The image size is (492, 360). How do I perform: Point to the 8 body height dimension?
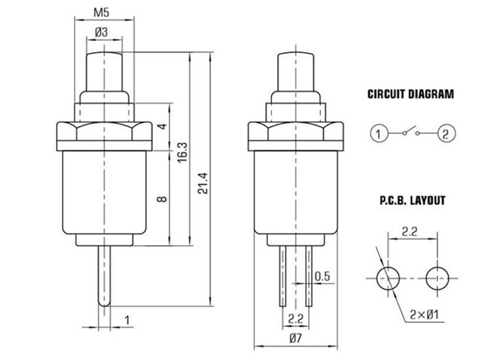[x=161, y=200]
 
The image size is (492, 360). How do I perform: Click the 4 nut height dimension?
[x=162, y=126]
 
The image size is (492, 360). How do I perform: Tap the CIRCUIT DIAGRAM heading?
[x=411, y=95]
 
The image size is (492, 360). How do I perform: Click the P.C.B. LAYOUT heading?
[x=412, y=201]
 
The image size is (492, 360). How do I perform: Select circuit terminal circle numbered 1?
[x=379, y=135]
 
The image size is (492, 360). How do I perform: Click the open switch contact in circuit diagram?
[x=412, y=133]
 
